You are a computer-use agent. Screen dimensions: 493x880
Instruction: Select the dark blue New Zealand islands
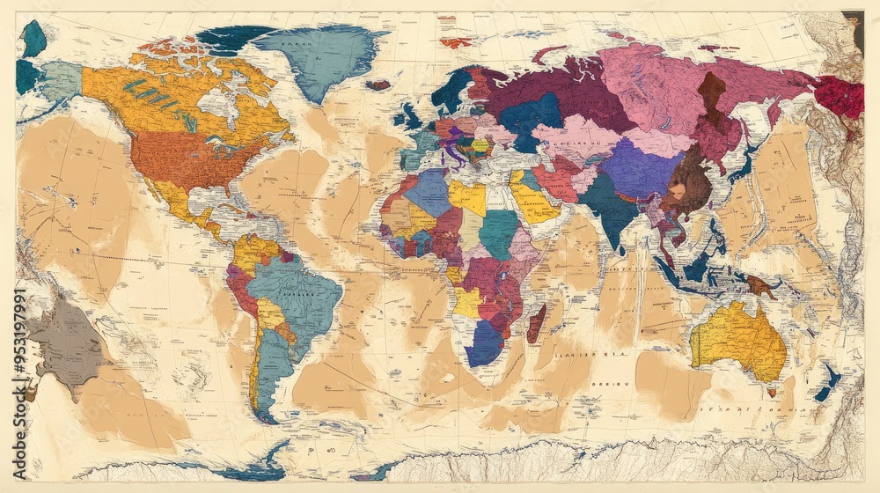(827, 384)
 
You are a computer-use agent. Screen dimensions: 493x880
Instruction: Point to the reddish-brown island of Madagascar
(536, 323)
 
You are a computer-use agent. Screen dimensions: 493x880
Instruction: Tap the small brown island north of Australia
(759, 285)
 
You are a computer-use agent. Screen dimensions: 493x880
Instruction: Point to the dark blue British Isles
(409, 115)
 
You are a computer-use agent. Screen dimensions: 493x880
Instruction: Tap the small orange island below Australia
(772, 392)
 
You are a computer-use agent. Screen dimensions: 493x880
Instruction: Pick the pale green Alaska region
(60, 80)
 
